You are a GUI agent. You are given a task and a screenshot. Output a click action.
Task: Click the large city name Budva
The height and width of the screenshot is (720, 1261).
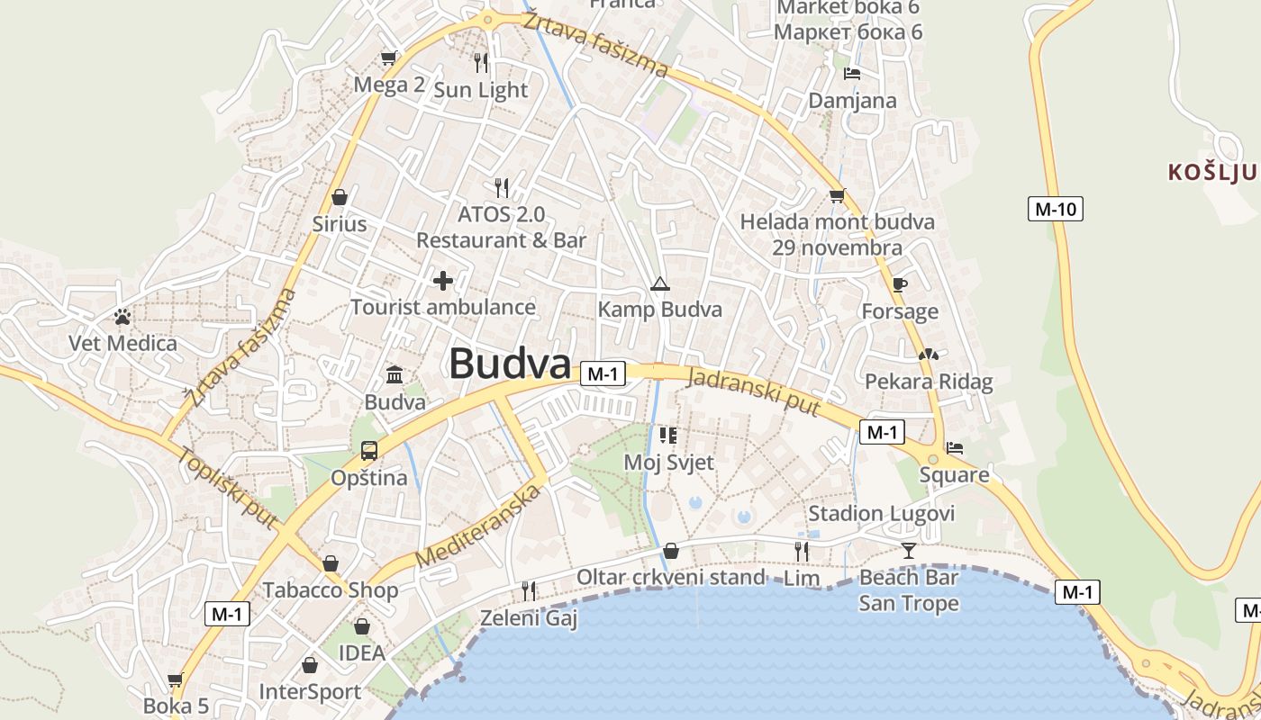tap(510, 364)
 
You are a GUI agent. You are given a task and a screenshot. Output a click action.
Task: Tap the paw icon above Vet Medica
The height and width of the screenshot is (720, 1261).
tap(122, 317)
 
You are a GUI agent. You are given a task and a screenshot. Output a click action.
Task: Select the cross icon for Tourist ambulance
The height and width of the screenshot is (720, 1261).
tap(443, 281)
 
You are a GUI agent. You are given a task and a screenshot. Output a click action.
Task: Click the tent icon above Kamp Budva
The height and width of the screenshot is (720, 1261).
tap(660, 284)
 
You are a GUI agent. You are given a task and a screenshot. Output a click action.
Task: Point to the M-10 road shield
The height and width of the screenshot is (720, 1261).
tap(1055, 210)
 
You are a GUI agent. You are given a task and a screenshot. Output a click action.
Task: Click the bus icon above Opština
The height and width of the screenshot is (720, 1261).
tap(369, 450)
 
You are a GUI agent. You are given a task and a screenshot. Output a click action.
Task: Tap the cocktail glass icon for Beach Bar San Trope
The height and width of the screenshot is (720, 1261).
tap(908, 550)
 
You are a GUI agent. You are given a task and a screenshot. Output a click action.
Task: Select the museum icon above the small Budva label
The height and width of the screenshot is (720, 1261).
tap(395, 374)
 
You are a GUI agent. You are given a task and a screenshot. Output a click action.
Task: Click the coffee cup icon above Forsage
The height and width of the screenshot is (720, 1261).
tap(899, 285)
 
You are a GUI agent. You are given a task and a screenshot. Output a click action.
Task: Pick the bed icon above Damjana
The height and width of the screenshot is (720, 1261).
tap(852, 74)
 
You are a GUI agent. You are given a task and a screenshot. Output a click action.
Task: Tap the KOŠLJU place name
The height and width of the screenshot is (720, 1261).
tap(1211, 172)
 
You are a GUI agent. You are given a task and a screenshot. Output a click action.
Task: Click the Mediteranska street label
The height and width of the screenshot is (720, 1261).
tap(481, 526)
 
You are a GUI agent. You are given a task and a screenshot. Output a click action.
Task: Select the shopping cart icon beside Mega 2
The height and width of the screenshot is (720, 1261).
tap(389, 58)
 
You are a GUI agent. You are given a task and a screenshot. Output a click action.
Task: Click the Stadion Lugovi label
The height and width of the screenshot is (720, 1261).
tap(881, 514)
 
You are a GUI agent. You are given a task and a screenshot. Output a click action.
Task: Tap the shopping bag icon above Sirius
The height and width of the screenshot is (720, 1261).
tap(340, 197)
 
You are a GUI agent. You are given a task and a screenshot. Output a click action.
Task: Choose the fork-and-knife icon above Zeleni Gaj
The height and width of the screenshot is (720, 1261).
tap(529, 590)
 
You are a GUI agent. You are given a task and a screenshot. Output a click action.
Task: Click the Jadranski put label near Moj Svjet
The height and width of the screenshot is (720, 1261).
tap(753, 391)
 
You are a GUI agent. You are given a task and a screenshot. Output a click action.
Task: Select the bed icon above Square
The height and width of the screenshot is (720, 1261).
tap(955, 447)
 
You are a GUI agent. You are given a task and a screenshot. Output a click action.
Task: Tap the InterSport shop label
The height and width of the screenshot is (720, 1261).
tap(310, 692)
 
